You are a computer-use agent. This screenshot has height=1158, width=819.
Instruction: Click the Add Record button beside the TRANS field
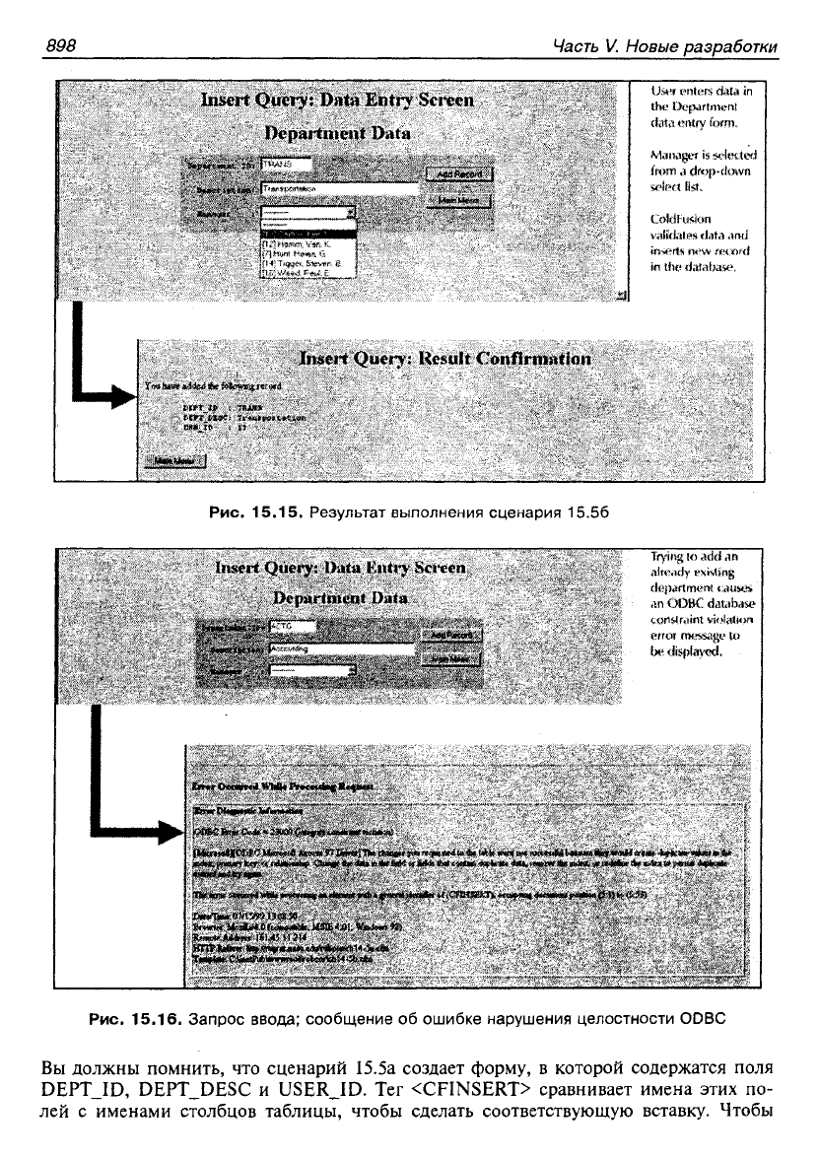click(458, 174)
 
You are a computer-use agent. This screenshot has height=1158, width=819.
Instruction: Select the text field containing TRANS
click(287, 165)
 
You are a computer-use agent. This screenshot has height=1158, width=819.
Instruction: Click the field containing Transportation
click(340, 188)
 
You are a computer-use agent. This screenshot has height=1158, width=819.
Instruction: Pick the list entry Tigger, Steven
click(301, 263)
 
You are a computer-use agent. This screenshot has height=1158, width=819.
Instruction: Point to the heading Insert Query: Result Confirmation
click(445, 359)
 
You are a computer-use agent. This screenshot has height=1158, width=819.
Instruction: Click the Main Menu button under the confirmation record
click(175, 460)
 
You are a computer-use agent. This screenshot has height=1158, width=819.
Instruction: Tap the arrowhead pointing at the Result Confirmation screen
click(122, 395)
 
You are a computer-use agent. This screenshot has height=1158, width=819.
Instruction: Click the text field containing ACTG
click(292, 626)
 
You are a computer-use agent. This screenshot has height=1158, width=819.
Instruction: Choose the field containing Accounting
click(340, 650)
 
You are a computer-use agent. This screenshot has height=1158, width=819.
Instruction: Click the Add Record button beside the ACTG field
click(450, 636)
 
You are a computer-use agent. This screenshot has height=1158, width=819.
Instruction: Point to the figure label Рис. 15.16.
click(133, 1020)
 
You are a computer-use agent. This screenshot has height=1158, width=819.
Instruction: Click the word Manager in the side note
click(675, 155)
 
